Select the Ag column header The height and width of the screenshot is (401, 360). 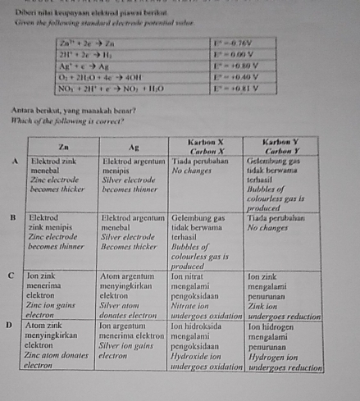[133, 146]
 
